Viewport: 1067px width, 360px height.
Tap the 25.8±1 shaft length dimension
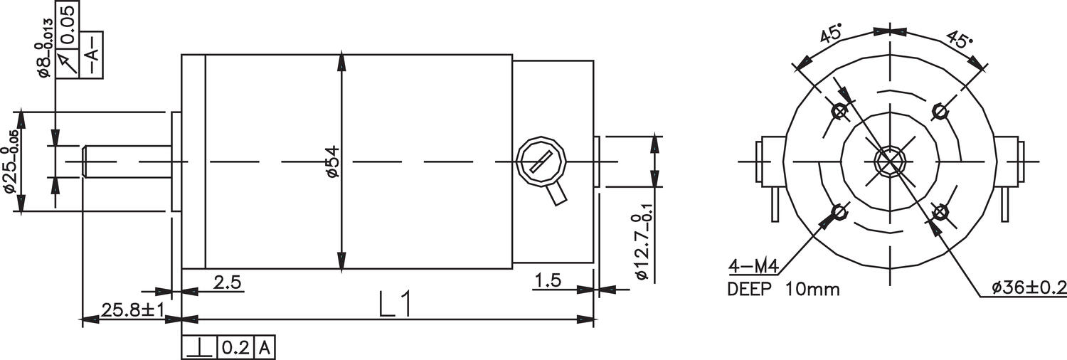click(133, 311)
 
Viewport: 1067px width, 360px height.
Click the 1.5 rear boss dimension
click(548, 281)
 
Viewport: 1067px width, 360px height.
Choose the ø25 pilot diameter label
click(10, 170)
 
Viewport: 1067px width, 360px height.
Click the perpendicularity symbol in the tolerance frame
click(200, 348)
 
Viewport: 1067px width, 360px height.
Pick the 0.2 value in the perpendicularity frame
click(235, 348)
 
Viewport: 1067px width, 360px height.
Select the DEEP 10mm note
click(783, 290)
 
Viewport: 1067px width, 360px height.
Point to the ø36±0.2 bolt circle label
click(1028, 287)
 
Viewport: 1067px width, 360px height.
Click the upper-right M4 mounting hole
click(940, 111)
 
